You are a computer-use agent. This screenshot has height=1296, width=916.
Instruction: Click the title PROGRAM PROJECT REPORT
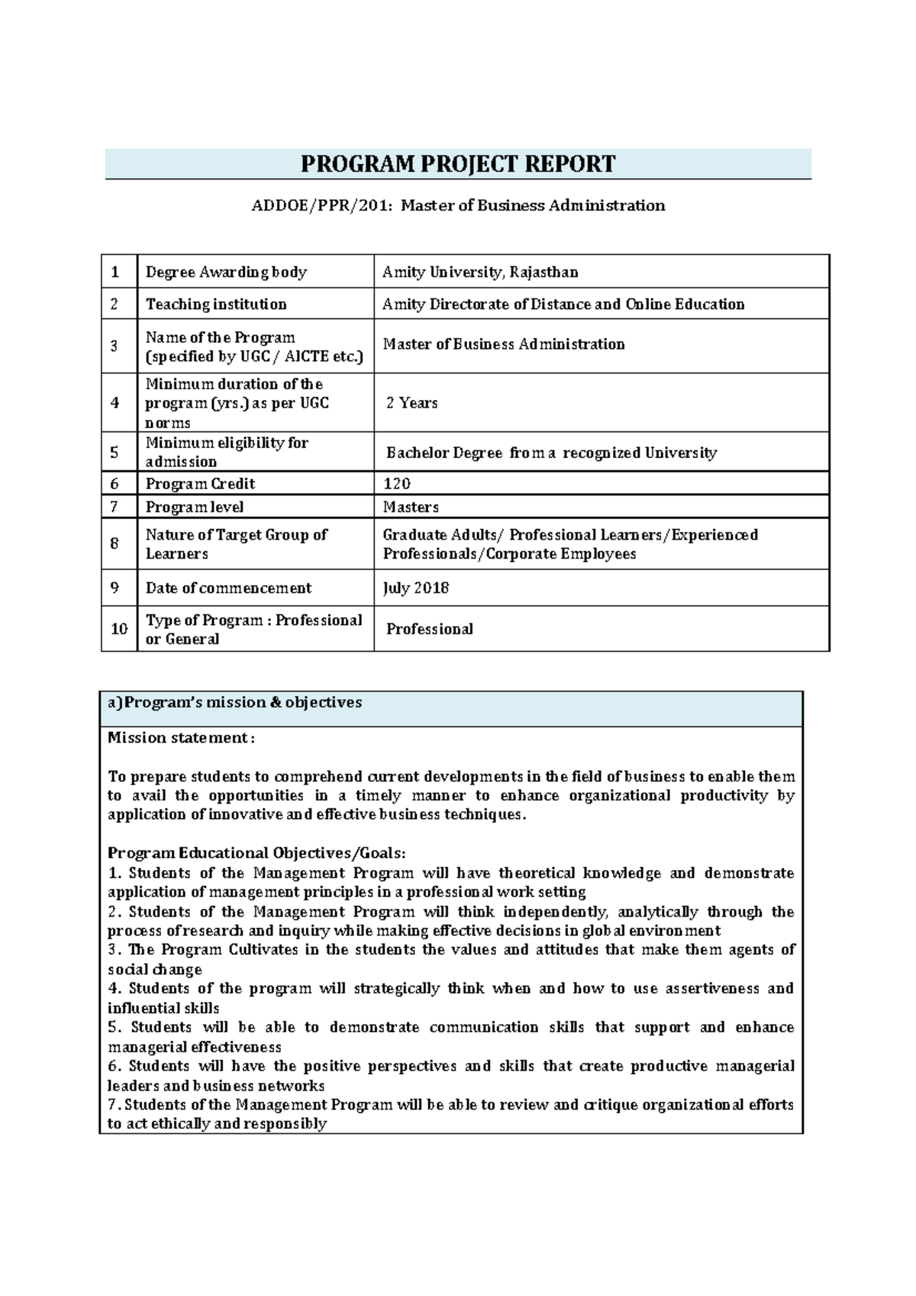pos(457,164)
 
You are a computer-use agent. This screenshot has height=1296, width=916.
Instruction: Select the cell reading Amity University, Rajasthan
pos(480,272)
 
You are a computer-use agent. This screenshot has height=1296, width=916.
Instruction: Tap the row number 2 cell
pos(114,304)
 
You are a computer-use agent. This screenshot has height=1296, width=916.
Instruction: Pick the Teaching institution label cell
pos(216,304)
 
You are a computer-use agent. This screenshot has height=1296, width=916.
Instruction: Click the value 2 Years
pos(411,403)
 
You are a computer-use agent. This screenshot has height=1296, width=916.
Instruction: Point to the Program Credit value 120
pos(396,484)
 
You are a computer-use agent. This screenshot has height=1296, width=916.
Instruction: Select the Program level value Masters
pos(410,507)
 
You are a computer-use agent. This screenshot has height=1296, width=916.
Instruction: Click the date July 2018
pos(415,588)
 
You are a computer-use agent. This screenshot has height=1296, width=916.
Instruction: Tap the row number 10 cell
pos(119,629)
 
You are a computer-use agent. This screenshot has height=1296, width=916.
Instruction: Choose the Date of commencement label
pos(228,588)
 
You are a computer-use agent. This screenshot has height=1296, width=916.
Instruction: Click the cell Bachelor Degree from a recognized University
pos(551,453)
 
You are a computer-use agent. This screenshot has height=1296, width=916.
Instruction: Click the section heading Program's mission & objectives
pos(234,702)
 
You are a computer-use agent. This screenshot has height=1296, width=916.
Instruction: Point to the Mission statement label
pos(181,737)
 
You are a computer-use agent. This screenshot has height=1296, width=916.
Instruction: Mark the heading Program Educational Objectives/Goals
pos(256,853)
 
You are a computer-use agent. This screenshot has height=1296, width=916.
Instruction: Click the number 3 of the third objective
pos(112,950)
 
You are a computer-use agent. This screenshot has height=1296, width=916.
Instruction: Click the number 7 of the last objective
pos(111,1105)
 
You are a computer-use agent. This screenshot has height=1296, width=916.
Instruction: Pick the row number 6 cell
pos(114,484)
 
